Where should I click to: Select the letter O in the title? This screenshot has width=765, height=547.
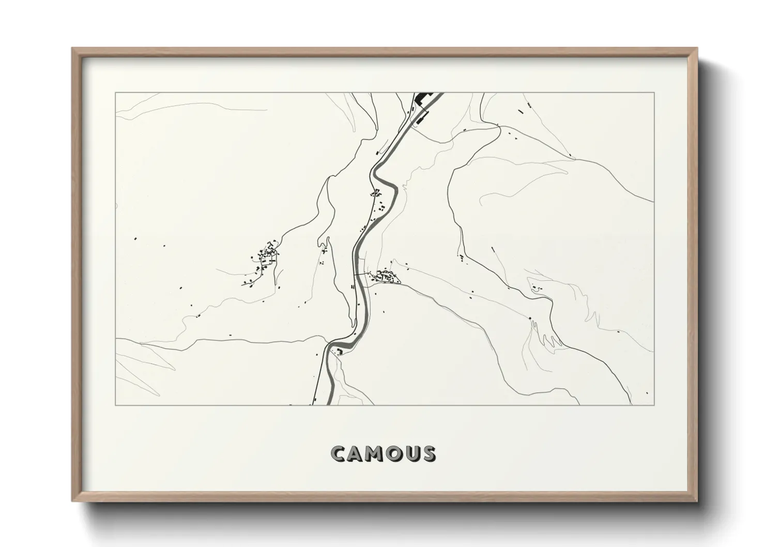coord(397,453)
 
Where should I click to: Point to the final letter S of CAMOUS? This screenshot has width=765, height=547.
coord(429,453)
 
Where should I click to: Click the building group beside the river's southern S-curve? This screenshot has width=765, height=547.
coord(340,352)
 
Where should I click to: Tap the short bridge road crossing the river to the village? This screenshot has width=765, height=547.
coord(362,273)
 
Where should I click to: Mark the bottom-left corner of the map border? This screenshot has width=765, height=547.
coord(115,405)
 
